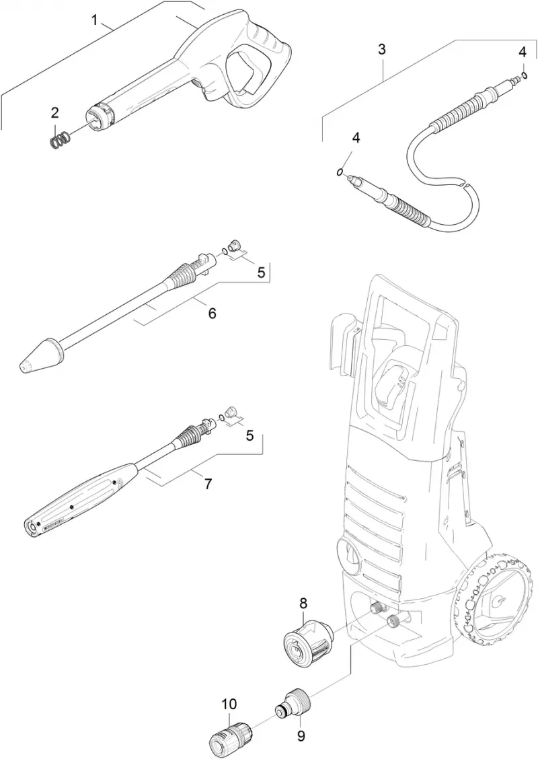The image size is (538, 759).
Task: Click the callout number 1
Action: click(95, 20)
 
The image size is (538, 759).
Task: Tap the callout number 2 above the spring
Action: click(55, 113)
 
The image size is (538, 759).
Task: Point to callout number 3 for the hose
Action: click(382, 49)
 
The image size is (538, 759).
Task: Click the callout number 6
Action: click(212, 313)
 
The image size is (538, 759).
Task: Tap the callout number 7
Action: click(208, 484)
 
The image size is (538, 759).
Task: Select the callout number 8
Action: click(303, 603)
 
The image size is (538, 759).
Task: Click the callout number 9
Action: click(301, 736)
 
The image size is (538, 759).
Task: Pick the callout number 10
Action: click(229, 704)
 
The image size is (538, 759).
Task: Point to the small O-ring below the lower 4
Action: click(340, 172)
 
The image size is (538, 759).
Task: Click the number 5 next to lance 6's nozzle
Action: click(261, 273)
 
